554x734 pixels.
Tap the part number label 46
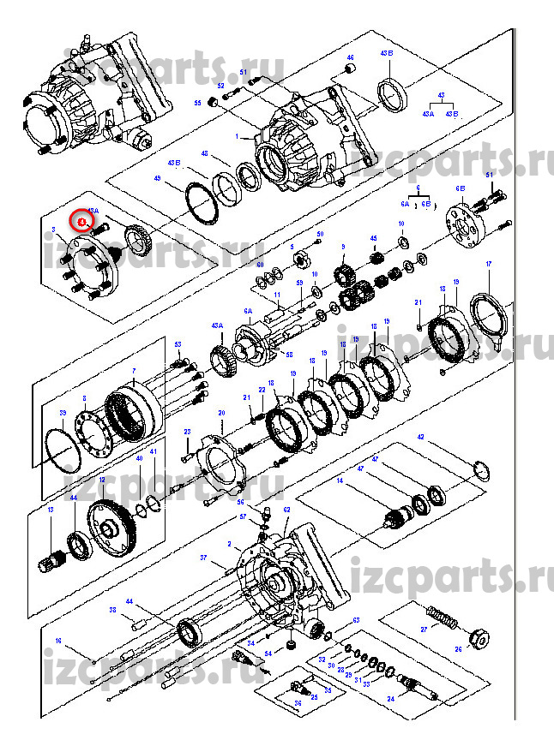pos(350,57)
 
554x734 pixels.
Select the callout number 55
pos(196,103)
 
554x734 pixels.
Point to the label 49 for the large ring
pos(157,178)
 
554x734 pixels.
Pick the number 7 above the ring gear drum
pos(135,370)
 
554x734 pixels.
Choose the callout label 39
pos(63,413)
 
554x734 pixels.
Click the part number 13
pos(51,510)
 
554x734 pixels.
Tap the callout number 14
pos(339,482)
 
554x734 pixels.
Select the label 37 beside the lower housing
pos(204,558)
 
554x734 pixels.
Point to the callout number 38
pos(112,611)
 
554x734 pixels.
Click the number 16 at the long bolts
pos(58,641)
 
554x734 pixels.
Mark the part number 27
pos(423,630)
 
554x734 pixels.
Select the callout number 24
pos(390,699)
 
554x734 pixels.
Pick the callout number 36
pos(298,703)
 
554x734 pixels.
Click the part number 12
pos(102,480)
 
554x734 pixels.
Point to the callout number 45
pos(373,239)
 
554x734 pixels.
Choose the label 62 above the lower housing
pos(286,510)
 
